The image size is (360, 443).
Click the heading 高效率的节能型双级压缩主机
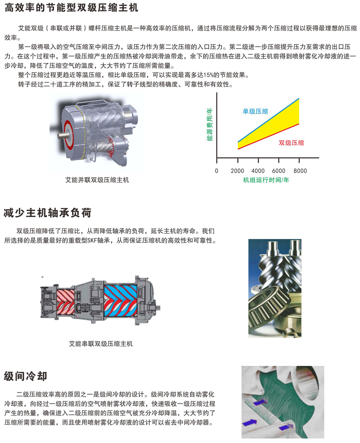coord(71,8)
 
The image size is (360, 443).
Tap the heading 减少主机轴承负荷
coord(47,213)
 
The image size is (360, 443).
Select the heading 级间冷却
coord(26,376)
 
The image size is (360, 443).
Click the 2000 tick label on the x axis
coord(237,171)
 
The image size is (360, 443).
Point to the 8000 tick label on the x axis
coord(300,171)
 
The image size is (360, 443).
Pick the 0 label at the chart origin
coord(217,171)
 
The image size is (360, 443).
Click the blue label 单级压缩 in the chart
coord(255,111)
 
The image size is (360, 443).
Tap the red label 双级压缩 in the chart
coord(291,143)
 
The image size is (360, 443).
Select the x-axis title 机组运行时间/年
coord(266,180)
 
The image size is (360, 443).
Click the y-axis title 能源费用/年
coord(210,124)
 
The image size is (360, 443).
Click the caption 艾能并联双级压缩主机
coord(97,180)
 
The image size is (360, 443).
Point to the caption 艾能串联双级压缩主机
coord(101,344)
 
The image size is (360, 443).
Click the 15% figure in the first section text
coord(208,75)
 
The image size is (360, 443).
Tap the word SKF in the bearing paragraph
coord(92,241)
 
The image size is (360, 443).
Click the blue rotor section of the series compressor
coord(121,300)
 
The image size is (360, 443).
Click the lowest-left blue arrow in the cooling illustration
coord(250,423)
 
